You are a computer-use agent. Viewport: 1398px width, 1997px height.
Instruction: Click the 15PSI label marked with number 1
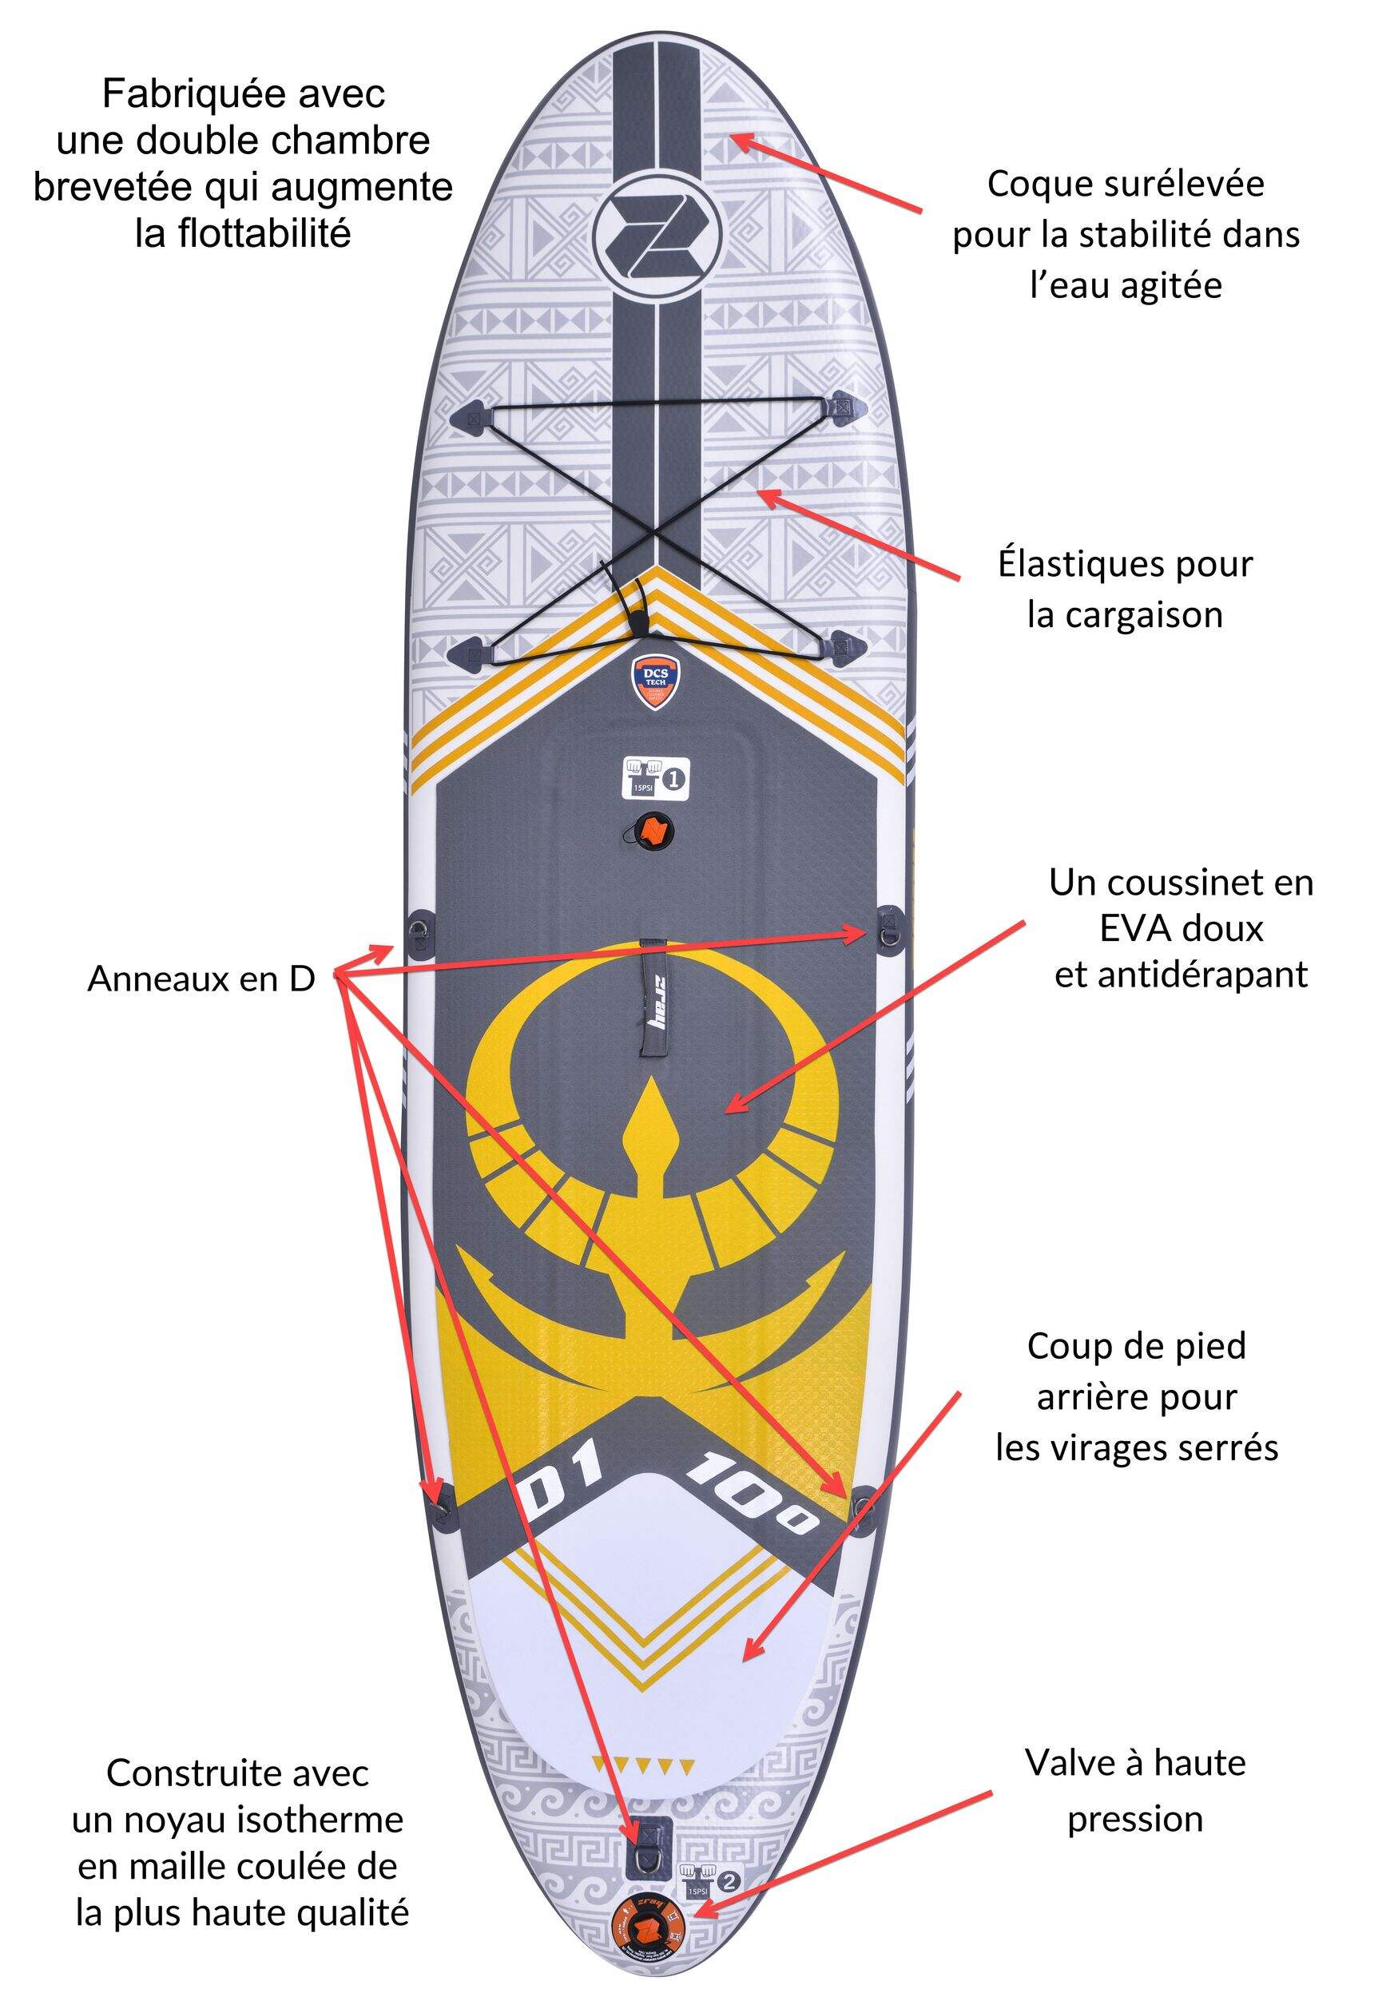click(x=655, y=777)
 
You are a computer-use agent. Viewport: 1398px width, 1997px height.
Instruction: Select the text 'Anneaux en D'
click(x=201, y=979)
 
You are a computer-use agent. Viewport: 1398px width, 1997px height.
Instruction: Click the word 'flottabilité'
click(x=243, y=233)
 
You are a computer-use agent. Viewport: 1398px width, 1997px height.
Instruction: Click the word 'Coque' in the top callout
click(x=1033, y=185)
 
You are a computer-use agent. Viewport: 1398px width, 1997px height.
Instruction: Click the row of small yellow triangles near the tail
click(x=643, y=1766)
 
